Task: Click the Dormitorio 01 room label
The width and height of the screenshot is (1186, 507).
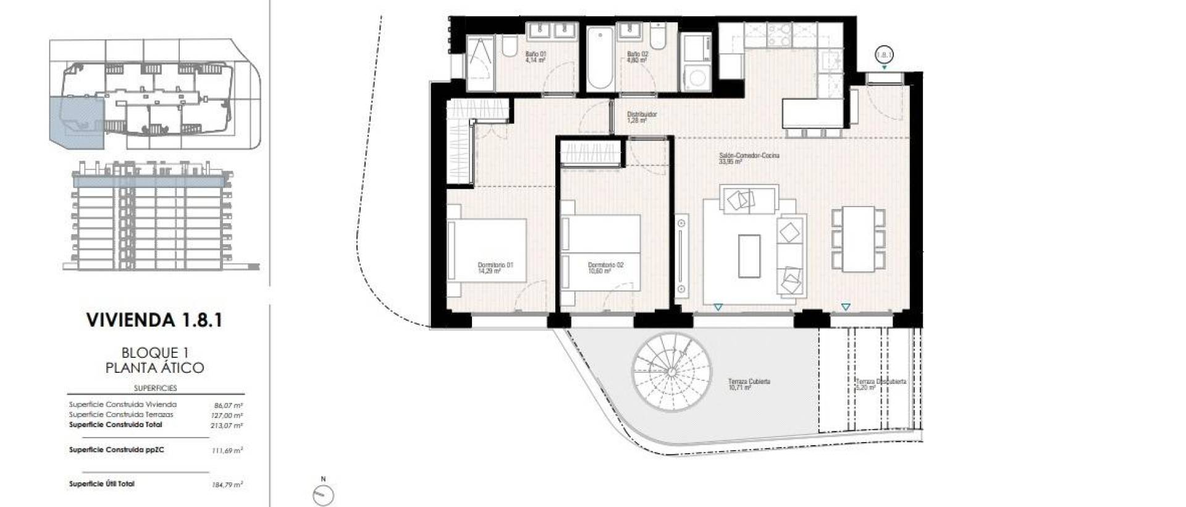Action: tap(495, 268)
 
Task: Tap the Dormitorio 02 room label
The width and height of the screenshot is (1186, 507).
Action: tap(605, 268)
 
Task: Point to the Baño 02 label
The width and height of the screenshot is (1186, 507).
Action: tap(637, 57)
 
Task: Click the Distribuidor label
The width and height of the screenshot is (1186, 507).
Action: tap(642, 117)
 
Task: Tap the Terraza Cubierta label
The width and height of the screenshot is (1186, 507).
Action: tap(749, 385)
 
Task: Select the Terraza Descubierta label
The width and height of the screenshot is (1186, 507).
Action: tap(880, 385)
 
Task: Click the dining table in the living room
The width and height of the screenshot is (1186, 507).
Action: tap(858, 239)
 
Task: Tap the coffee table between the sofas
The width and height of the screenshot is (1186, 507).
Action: tap(749, 255)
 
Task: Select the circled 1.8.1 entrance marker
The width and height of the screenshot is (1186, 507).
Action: tap(885, 55)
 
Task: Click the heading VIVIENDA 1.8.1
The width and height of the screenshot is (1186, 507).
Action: tap(154, 320)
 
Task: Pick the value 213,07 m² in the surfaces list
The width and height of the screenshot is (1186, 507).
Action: tap(227, 425)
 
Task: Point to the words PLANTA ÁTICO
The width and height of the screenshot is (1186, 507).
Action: tap(154, 368)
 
